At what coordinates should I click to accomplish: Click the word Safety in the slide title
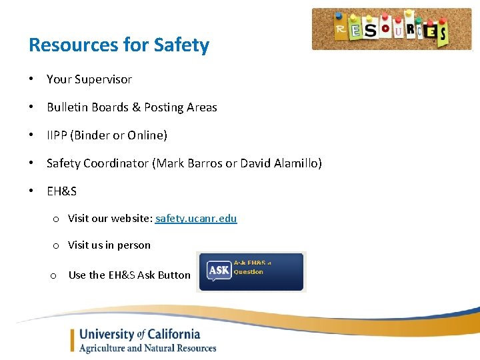point(181,45)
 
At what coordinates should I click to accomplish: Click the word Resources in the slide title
point(73,45)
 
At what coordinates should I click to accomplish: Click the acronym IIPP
point(57,135)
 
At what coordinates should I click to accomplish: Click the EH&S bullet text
point(61,191)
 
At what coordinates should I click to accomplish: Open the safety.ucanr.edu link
point(196,219)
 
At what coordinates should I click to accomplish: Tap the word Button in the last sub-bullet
point(174,275)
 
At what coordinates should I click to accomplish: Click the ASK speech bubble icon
point(218,270)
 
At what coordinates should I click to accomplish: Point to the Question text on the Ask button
point(249,272)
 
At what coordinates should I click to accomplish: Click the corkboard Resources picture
point(391,29)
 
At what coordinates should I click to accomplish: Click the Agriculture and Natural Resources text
point(147,348)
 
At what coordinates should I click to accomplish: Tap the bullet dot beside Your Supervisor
point(31,79)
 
